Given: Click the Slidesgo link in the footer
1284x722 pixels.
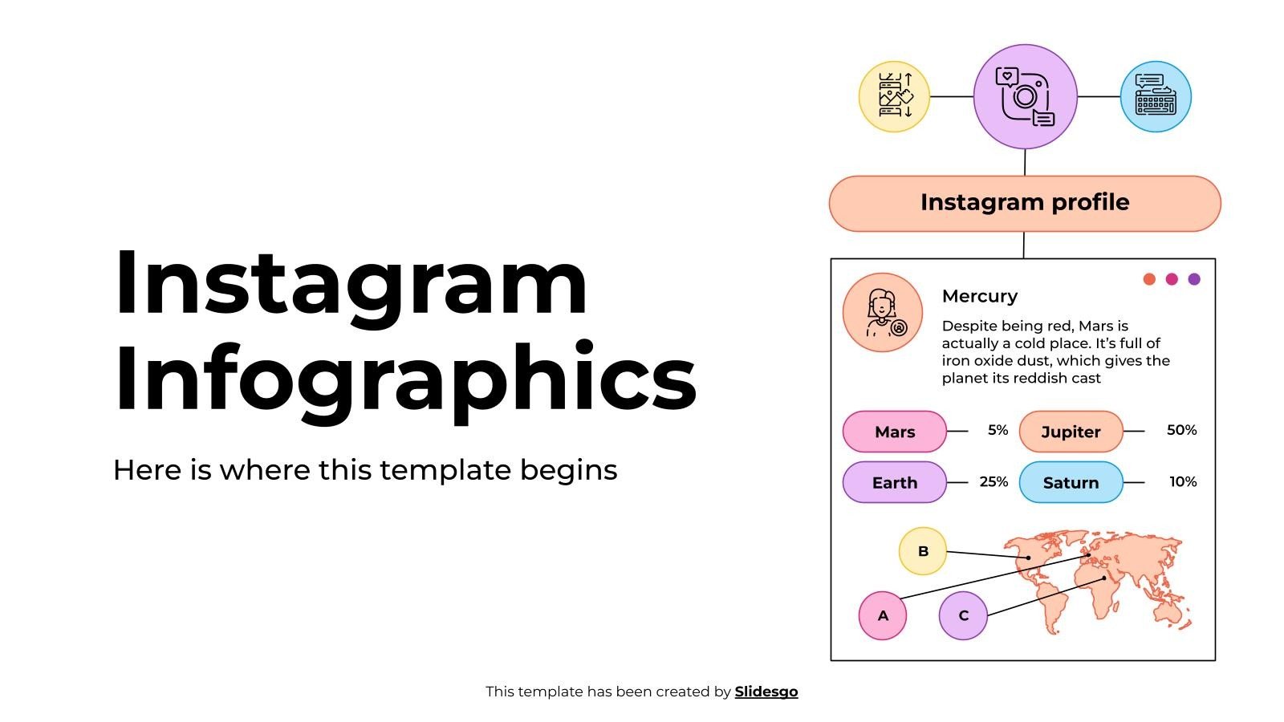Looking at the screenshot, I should coord(766,692).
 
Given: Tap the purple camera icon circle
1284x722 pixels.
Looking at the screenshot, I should coord(1025,97).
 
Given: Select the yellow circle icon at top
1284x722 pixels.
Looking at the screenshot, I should coord(894,97).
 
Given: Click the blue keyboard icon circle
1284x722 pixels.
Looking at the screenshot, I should coord(1155,97).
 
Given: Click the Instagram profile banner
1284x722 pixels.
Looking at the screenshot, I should coord(1024,203).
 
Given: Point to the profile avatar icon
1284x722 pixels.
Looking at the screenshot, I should coord(883,312).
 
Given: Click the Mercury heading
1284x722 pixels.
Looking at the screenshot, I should coord(979,296).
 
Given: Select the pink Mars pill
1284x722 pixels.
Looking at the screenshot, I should coord(894,432).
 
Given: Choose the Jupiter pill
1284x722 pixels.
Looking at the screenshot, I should coord(1071,432).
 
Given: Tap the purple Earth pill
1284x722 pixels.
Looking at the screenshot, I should coord(894,482).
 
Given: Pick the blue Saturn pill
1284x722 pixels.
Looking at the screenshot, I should coord(1071,482).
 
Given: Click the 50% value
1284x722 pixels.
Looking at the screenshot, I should coord(1181,430).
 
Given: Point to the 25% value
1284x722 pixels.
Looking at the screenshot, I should coord(993,481).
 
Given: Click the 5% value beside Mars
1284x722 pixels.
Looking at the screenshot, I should coord(998,430).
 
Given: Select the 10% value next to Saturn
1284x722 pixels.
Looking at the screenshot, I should coord(1183,481).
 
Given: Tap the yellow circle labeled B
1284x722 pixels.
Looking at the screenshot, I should coord(923,551).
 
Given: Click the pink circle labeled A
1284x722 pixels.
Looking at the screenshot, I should coord(883,615).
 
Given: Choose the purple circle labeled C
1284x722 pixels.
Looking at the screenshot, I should coord(963,615).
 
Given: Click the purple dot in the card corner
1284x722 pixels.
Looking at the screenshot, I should coord(1194,279).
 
